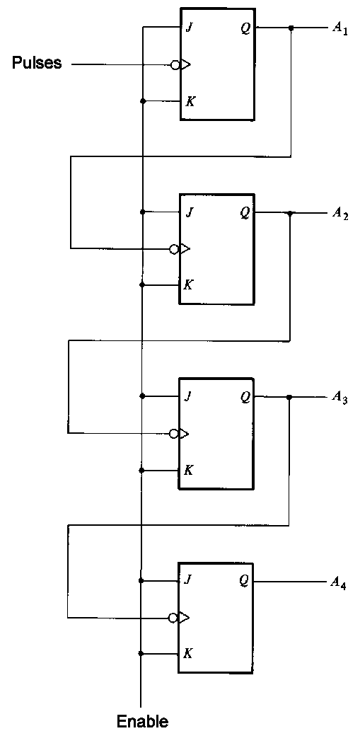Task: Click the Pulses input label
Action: [x=37, y=64]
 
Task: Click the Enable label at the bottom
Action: [x=142, y=721]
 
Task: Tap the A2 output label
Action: [x=339, y=213]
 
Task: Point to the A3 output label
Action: [x=339, y=397]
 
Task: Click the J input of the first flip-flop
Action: [x=189, y=29]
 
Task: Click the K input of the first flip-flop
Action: [x=190, y=101]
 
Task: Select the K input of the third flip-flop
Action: [x=189, y=470]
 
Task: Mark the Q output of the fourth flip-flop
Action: [x=244, y=581]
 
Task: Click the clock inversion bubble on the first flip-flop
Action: [x=175, y=65]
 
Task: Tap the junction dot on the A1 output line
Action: [x=291, y=28]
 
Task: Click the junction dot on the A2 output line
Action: [x=290, y=212]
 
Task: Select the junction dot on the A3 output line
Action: [x=289, y=397]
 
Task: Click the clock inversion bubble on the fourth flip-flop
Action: [x=173, y=618]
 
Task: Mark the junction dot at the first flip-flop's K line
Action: [x=143, y=101]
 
